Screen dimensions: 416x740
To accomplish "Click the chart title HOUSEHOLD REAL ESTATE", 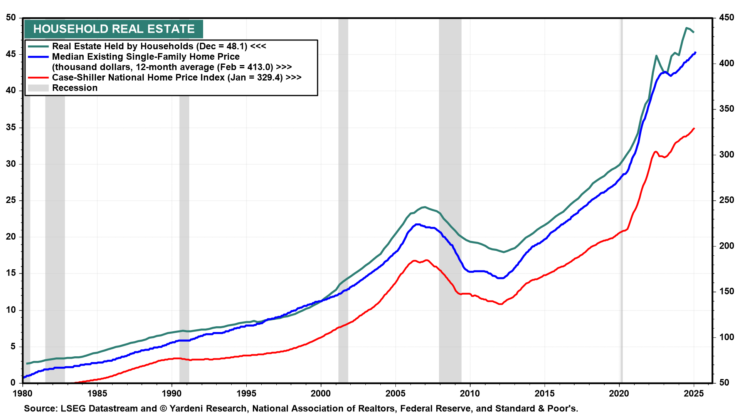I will coord(114,29).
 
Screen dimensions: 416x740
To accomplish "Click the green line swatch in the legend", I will coord(38,46).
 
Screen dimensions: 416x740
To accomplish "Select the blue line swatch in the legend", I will coord(38,57).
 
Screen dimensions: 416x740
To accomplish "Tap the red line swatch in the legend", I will coord(38,77).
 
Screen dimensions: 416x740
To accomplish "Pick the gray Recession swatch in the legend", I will coord(38,88).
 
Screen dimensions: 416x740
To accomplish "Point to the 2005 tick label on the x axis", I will coord(395,393).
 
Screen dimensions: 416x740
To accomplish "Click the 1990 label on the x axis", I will coord(172,393).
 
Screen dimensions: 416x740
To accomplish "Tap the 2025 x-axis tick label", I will coord(693,393).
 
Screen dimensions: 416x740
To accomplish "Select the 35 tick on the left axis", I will coord(11,127).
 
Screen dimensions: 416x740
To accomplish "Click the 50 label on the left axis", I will coord(11,18).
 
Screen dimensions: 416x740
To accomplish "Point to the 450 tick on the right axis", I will coord(727,18).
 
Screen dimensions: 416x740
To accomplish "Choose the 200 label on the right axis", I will coord(727,246).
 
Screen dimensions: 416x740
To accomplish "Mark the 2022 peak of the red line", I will coord(655,152).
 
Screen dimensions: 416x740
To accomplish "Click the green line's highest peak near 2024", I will coord(686,28).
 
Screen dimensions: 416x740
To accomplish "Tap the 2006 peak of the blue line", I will coord(417,224).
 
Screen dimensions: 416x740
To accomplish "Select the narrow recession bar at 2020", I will coord(621,231).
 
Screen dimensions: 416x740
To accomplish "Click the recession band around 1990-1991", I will coord(184,231).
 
